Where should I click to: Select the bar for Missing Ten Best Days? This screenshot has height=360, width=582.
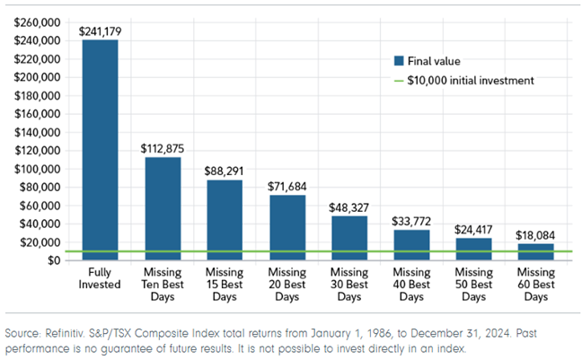click(163, 208)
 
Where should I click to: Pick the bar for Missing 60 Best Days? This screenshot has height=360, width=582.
click(534, 252)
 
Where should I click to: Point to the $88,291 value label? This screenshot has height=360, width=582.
click(225, 171)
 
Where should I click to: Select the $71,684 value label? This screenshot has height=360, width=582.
click(287, 187)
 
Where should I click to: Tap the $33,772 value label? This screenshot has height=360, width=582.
click(410, 222)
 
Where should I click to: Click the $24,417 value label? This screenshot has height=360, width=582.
click(472, 230)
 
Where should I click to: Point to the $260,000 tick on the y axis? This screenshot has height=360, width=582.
click(37, 22)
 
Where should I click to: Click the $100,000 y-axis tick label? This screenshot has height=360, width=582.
click(37, 169)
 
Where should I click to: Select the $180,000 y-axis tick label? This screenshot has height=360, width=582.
click(37, 95)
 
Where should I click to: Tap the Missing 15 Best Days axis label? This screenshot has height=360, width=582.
click(225, 284)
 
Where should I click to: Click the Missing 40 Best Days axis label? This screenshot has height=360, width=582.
click(410, 284)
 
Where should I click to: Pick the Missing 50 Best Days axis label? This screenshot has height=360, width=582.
click(472, 284)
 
